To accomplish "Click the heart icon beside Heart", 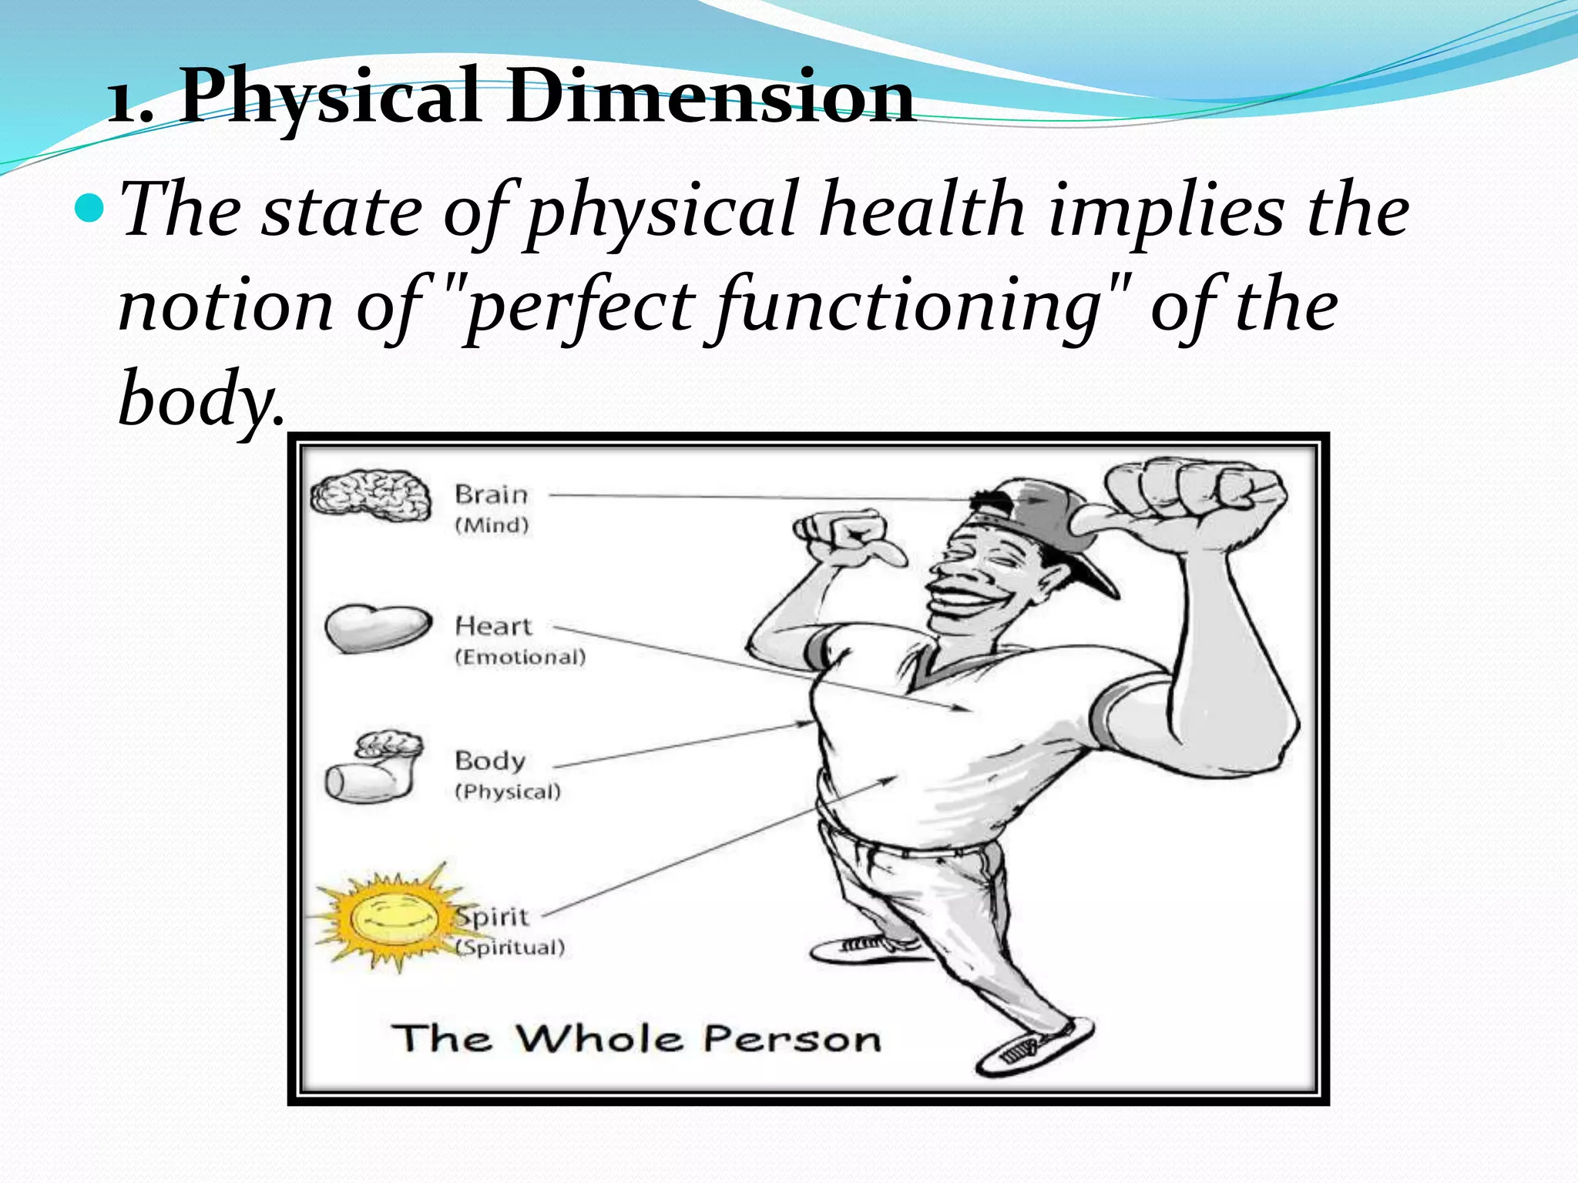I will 378,627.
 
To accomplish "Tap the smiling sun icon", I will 392,917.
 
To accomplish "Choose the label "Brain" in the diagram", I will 491,494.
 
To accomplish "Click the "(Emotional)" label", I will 520,657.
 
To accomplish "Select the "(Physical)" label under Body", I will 508,792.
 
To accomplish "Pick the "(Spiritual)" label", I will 511,947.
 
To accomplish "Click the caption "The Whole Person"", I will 636,1038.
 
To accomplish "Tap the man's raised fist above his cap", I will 1194,493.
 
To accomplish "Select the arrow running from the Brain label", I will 755,498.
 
